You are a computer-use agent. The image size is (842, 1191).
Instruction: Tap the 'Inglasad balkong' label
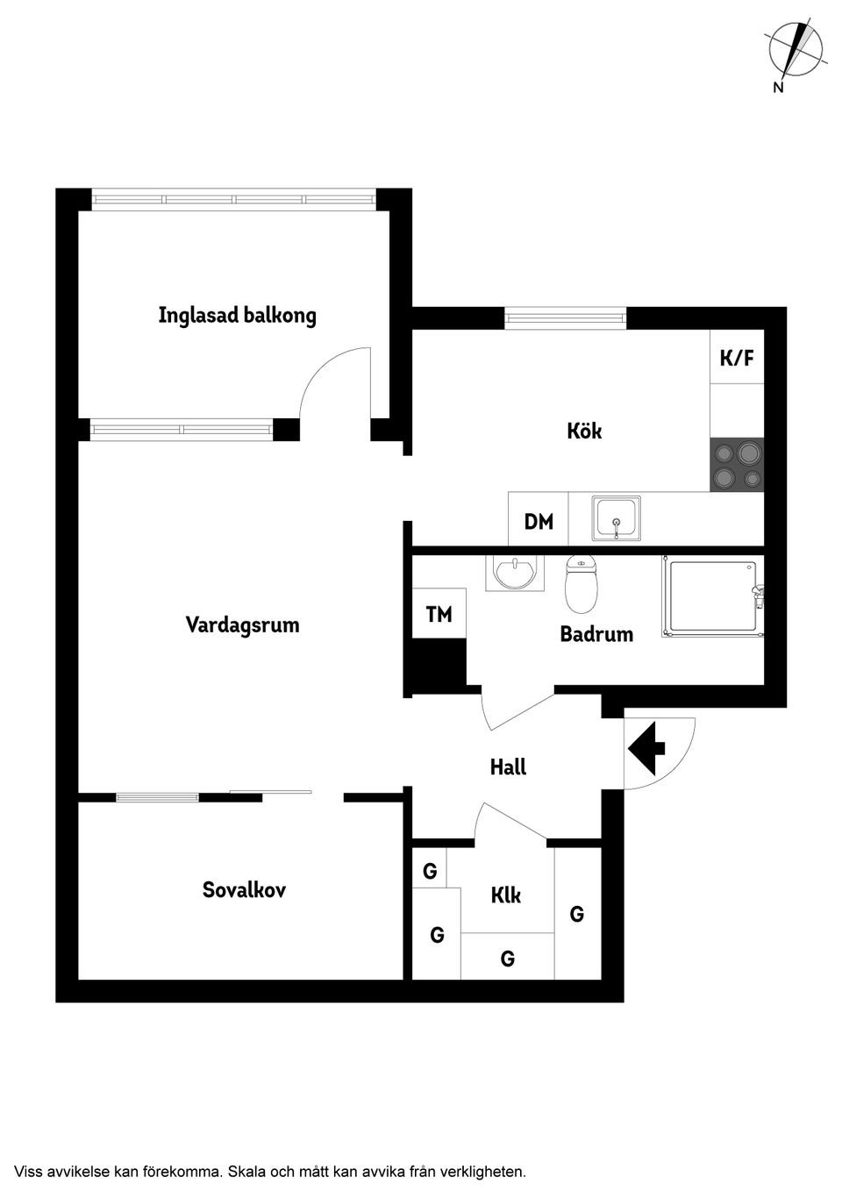(237, 316)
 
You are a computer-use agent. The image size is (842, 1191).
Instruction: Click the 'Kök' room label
(584, 431)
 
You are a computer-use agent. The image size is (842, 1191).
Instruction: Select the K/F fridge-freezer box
(737, 357)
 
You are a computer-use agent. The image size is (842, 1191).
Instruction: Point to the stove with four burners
(737, 465)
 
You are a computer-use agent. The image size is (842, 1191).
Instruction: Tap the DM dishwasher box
(539, 522)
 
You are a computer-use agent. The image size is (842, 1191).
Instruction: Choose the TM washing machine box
(439, 614)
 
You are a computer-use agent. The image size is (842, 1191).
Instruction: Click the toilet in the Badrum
(581, 583)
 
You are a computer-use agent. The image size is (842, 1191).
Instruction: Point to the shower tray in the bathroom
(712, 597)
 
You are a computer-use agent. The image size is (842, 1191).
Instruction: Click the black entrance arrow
(647, 748)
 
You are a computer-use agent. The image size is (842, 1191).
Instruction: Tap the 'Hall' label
(508, 767)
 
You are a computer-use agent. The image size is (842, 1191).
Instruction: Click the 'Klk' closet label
(506, 895)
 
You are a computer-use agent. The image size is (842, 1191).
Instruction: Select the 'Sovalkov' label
(244, 890)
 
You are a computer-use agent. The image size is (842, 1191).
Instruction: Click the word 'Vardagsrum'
(242, 625)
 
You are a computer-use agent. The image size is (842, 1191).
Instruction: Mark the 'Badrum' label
(596, 634)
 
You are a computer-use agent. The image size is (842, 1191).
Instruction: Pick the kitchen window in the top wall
(566, 317)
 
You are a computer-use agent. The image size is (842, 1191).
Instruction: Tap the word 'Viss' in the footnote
(30, 1171)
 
